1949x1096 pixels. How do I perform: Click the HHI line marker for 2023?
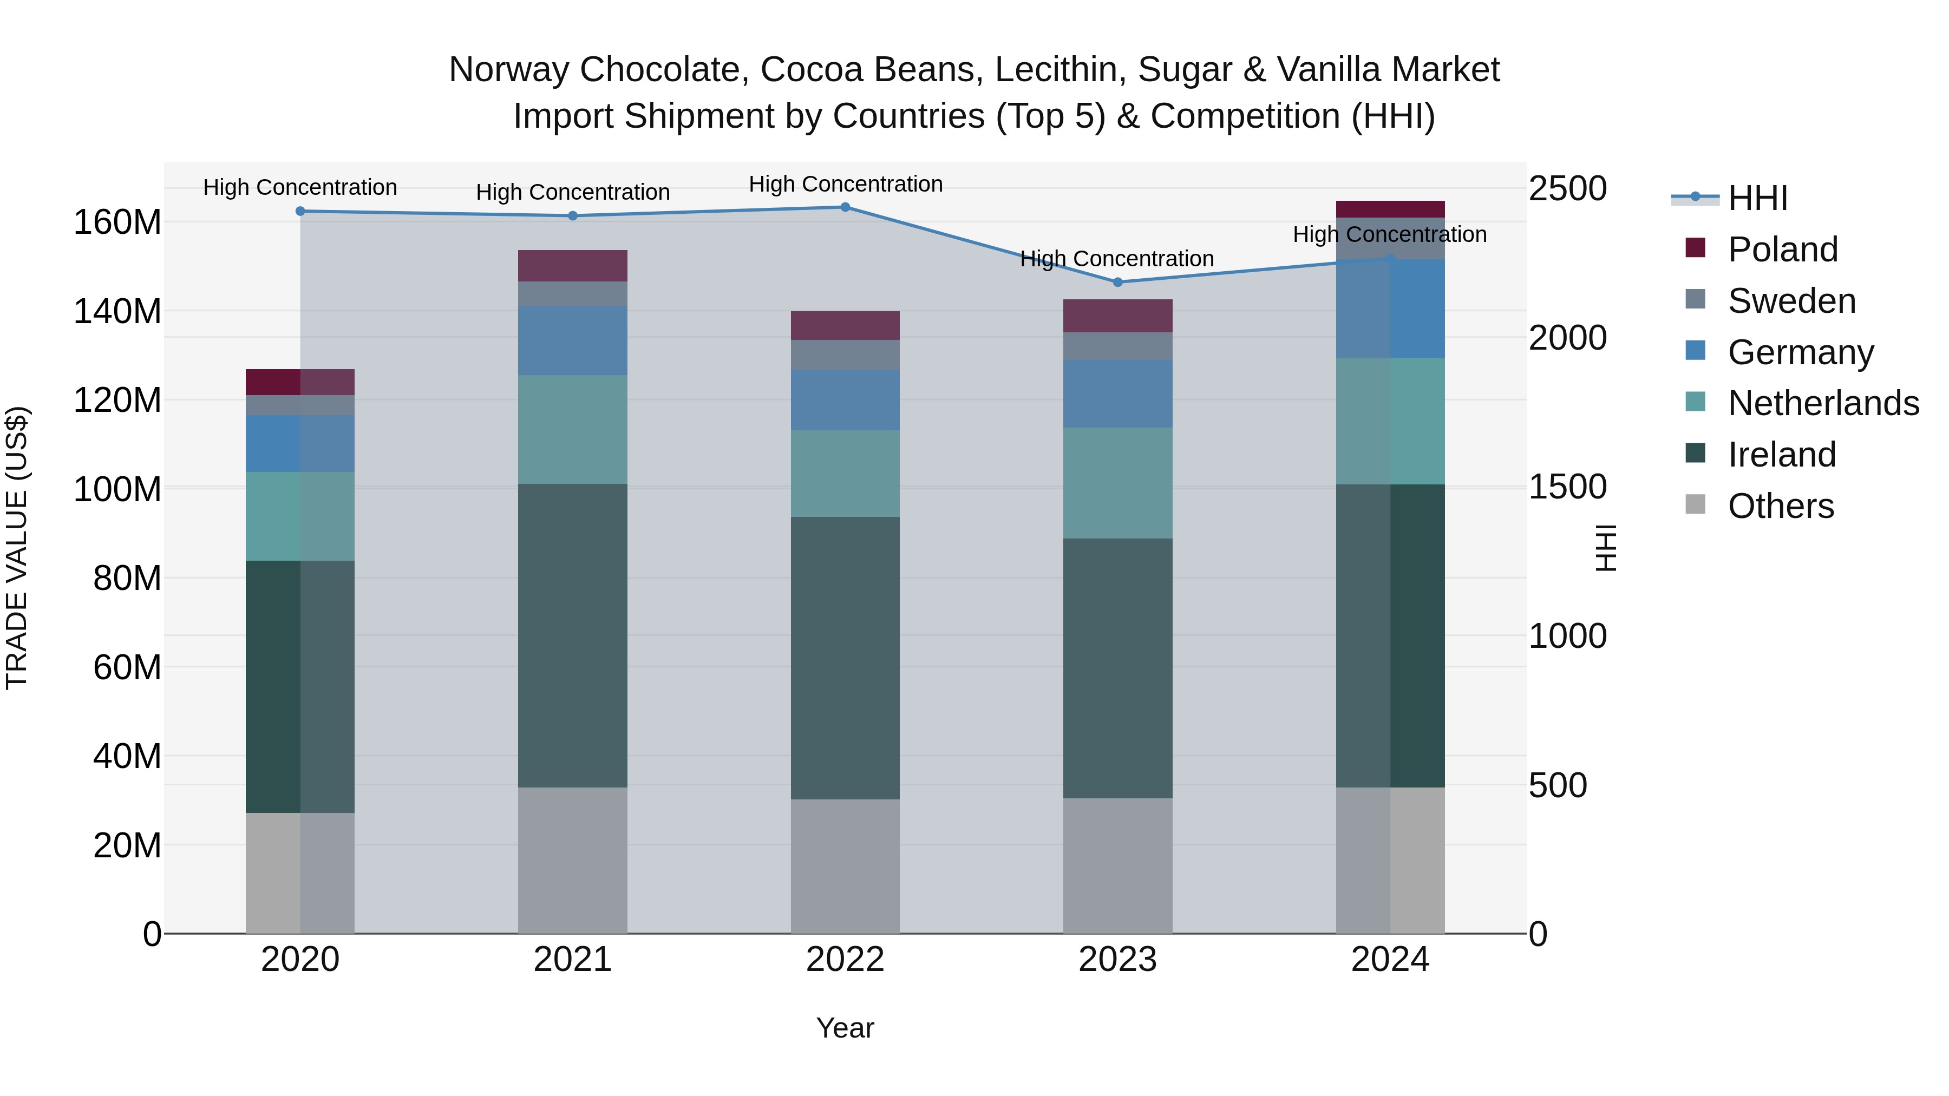pyautogui.click(x=1117, y=282)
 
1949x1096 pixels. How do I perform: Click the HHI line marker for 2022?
pyautogui.click(x=845, y=207)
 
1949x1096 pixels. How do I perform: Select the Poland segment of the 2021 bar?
pyautogui.click(x=573, y=266)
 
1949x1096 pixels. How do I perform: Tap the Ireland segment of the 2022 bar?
pyautogui.click(x=845, y=658)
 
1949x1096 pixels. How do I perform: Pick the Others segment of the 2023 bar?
pyautogui.click(x=1117, y=865)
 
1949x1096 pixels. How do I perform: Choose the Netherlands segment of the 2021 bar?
pyautogui.click(x=573, y=430)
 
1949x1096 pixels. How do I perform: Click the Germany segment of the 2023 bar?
pyautogui.click(x=1117, y=394)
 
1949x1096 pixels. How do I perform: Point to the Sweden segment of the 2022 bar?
pyautogui.click(x=845, y=355)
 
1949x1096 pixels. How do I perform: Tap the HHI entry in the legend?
pyautogui.click(x=1757, y=198)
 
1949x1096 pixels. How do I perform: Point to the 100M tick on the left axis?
pyautogui.click(x=117, y=489)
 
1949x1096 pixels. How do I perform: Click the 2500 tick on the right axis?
pyautogui.click(x=1567, y=188)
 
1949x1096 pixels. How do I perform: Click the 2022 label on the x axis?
pyautogui.click(x=845, y=960)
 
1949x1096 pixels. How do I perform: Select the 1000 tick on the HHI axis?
pyautogui.click(x=1567, y=636)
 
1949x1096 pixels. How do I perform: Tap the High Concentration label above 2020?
pyautogui.click(x=300, y=188)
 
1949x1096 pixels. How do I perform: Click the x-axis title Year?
pyautogui.click(x=845, y=1028)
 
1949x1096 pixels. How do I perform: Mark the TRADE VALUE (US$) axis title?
pyautogui.click(x=17, y=548)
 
